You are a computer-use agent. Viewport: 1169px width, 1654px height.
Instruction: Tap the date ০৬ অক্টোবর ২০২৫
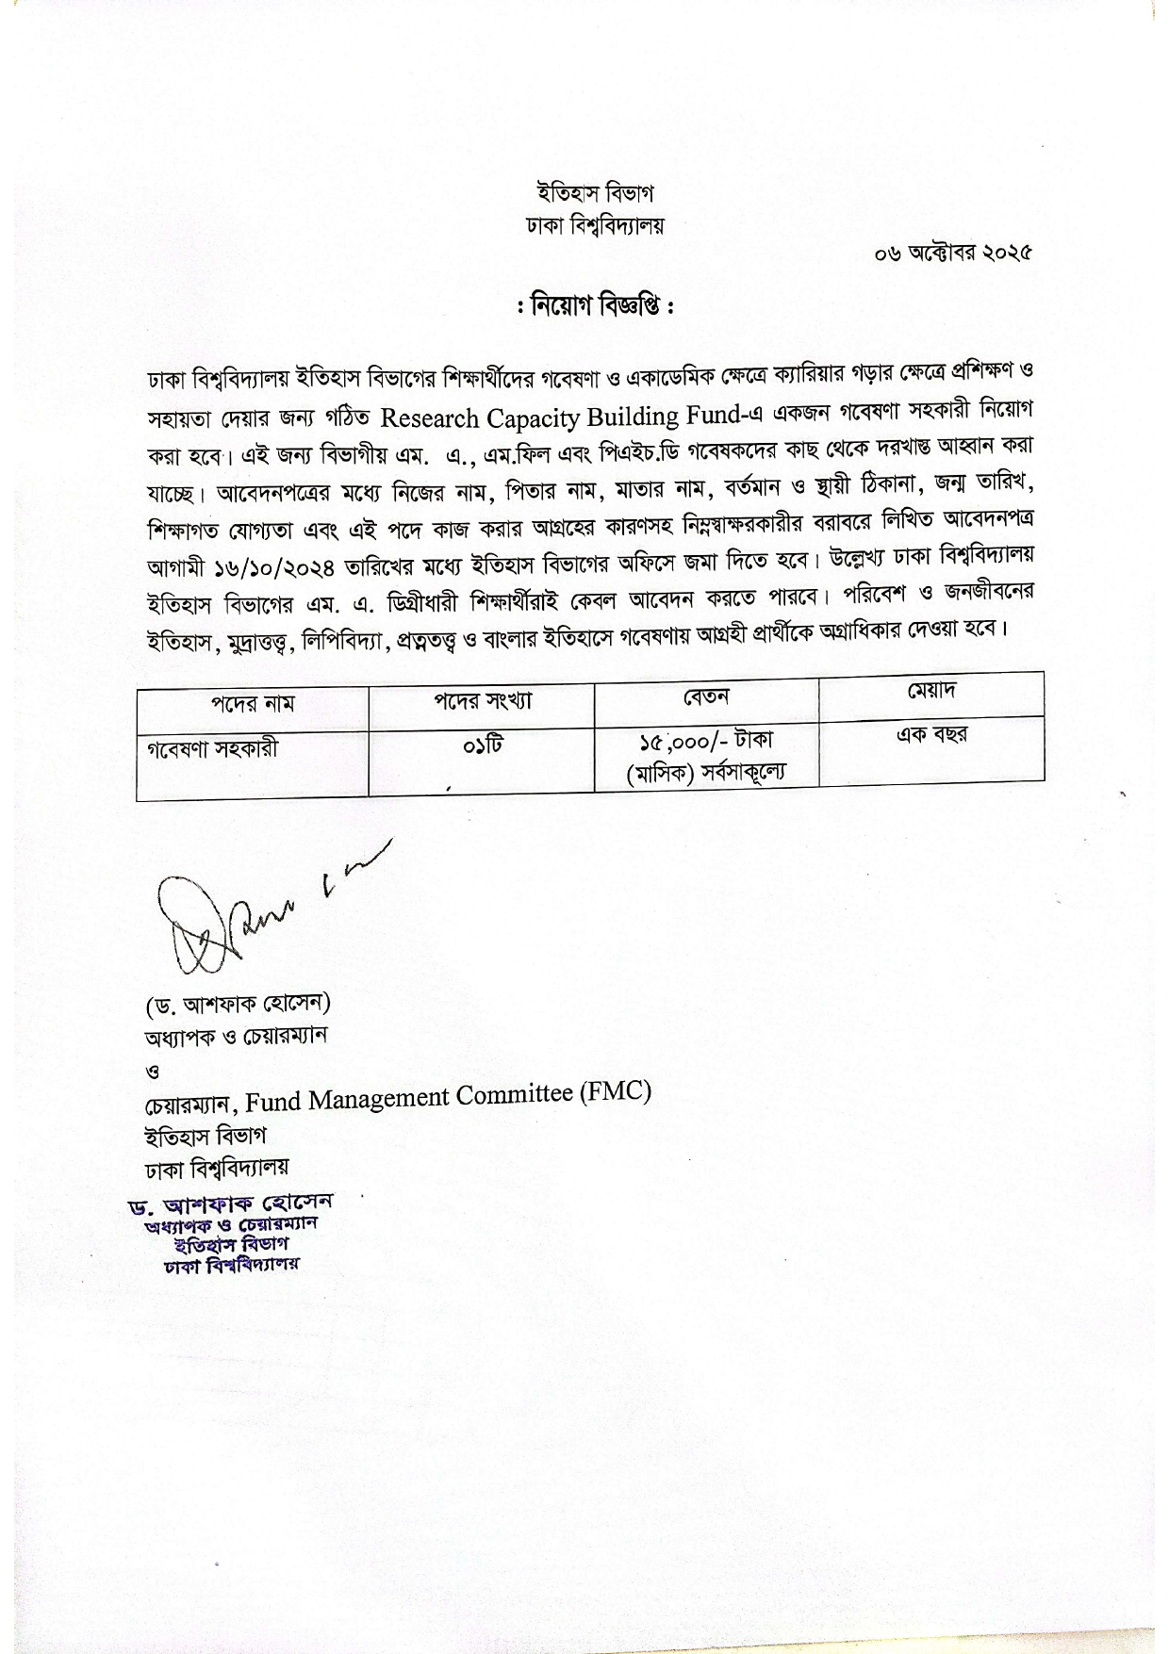click(x=953, y=253)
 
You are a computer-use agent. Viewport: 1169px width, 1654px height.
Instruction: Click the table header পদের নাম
click(x=252, y=704)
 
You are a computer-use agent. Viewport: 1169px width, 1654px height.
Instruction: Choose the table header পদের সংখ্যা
click(x=482, y=700)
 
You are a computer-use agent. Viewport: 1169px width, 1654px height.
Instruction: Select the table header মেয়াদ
click(x=930, y=691)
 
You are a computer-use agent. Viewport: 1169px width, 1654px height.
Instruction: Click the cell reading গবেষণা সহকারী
click(x=213, y=750)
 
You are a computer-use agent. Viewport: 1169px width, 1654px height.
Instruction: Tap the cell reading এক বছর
click(x=930, y=734)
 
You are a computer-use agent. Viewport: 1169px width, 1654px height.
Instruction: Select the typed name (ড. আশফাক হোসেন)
click(x=238, y=1004)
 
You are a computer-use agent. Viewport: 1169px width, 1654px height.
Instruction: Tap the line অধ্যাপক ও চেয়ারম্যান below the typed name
click(x=235, y=1035)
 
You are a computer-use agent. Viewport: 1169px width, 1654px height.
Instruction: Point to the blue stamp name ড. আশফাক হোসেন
click(x=232, y=1204)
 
